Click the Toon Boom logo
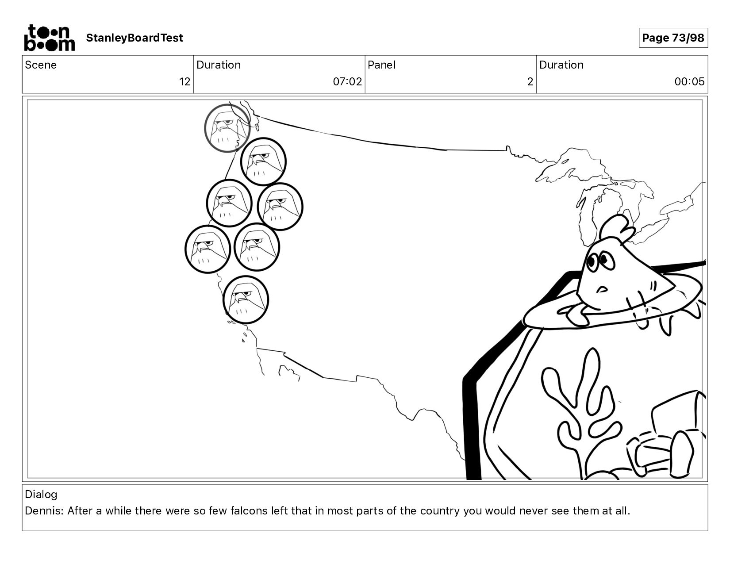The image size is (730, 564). (50, 38)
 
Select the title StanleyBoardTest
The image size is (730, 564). (134, 38)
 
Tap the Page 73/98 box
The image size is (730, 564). (673, 38)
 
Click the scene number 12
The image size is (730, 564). (185, 82)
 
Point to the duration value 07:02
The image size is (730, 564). (347, 82)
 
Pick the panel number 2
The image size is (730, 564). (530, 82)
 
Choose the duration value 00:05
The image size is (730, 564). (689, 82)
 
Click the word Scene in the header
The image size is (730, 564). (41, 65)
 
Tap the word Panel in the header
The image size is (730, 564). (382, 65)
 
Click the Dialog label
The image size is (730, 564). (41, 495)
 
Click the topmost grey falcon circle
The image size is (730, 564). (227, 128)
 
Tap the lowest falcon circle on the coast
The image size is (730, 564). (246, 299)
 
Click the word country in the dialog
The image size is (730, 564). (440, 511)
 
